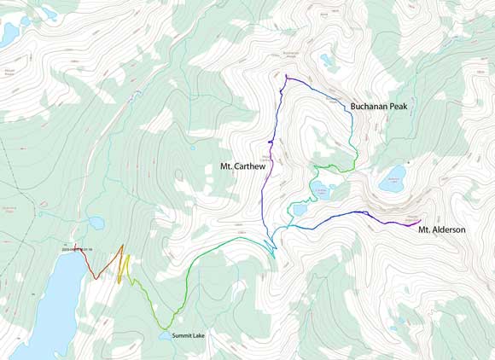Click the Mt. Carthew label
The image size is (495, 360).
point(243,166)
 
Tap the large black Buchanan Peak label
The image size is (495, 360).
point(379,107)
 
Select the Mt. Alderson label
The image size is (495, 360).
point(441,229)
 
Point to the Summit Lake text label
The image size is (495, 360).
point(189,336)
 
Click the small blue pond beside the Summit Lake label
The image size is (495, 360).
point(163,335)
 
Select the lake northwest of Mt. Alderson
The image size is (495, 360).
point(393,180)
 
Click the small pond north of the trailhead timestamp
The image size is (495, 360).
point(96,223)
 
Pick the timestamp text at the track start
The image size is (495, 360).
point(82,249)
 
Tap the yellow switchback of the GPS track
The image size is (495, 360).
point(125,269)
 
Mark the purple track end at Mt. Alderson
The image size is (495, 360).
point(419,220)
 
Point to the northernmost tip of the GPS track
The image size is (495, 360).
point(286,76)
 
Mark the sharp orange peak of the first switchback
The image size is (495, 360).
point(122,246)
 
